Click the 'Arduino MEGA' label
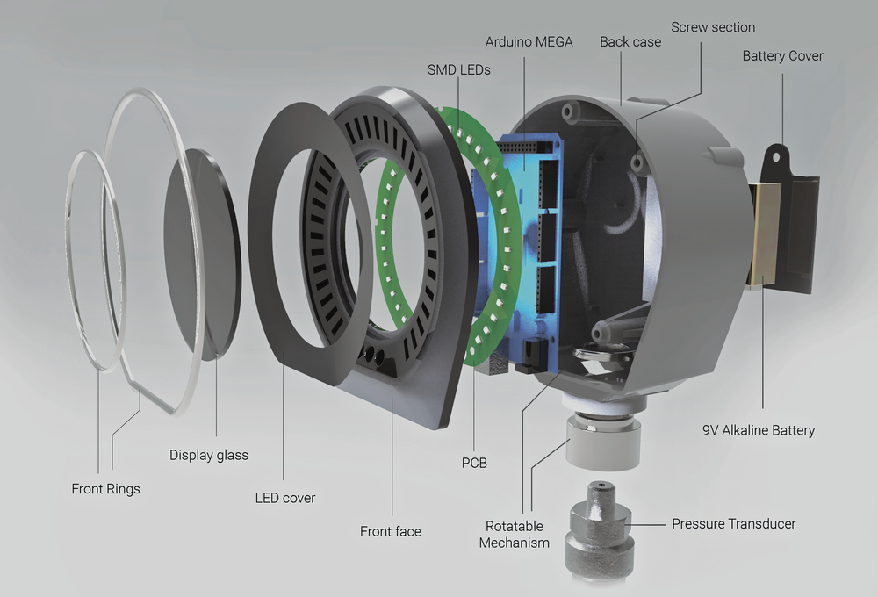[528, 41]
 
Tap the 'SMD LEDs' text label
[458, 68]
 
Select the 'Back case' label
[630, 41]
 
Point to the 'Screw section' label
[713, 27]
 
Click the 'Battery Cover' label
[782, 55]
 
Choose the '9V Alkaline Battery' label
[759, 430]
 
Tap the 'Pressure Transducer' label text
[733, 524]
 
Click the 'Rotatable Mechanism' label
[515, 534]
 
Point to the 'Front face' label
[390, 531]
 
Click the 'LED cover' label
[284, 498]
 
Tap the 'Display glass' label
[209, 455]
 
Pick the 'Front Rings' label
[105, 488]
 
